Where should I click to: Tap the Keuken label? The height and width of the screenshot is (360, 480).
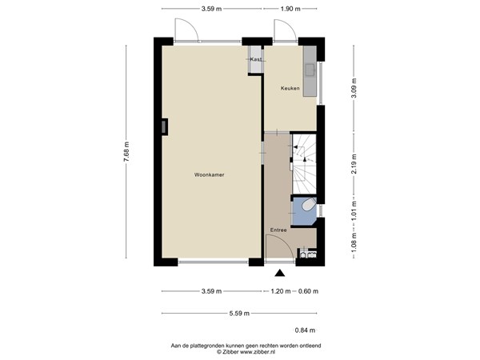(x=290, y=88)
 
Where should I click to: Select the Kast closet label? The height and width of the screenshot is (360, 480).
(x=256, y=59)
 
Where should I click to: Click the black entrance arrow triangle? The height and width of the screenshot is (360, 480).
(x=278, y=274)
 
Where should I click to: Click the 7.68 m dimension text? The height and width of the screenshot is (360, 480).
(x=126, y=152)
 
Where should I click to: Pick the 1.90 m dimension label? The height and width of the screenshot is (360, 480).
(x=290, y=9)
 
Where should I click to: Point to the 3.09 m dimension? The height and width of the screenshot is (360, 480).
(x=353, y=86)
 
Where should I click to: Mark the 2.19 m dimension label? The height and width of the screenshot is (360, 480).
(x=353, y=164)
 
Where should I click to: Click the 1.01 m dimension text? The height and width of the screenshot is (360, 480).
(x=353, y=210)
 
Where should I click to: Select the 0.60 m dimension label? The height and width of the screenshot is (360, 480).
(x=308, y=290)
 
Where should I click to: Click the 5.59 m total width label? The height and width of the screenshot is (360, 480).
(x=240, y=313)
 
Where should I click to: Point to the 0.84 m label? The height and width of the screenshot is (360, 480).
(x=306, y=330)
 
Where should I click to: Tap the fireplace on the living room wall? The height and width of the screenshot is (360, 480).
(x=165, y=126)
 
